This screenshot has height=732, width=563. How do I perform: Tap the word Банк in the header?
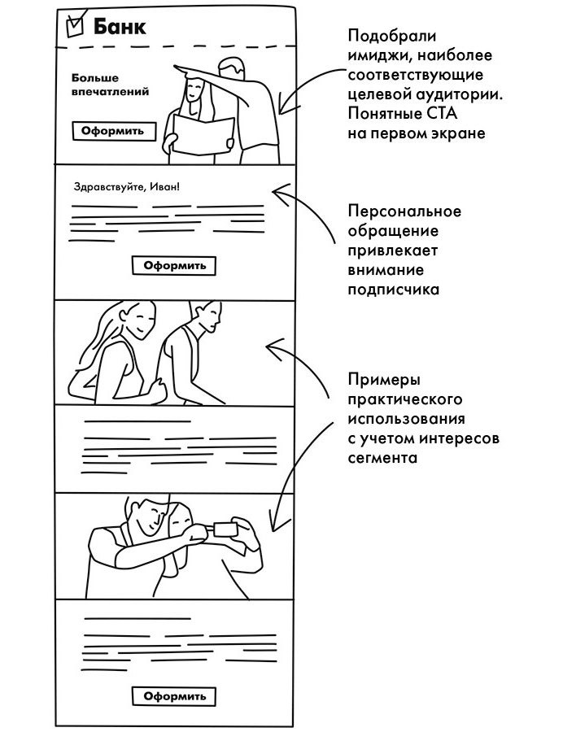[x=120, y=27]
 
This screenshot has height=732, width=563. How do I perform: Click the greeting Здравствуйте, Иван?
[x=126, y=186]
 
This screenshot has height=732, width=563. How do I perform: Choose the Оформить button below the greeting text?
[x=174, y=265]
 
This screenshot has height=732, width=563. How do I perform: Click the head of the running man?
[x=209, y=315]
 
